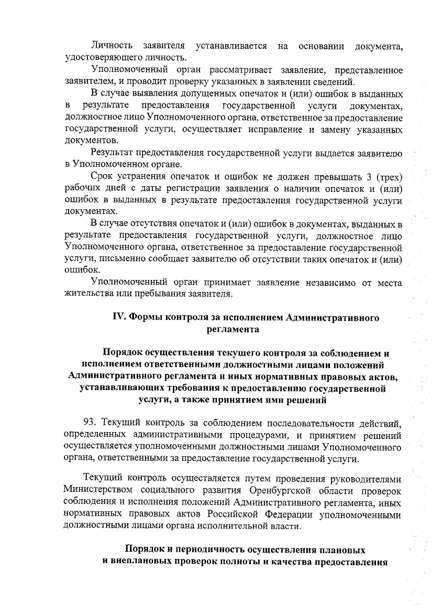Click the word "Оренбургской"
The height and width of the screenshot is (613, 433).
(277, 490)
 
